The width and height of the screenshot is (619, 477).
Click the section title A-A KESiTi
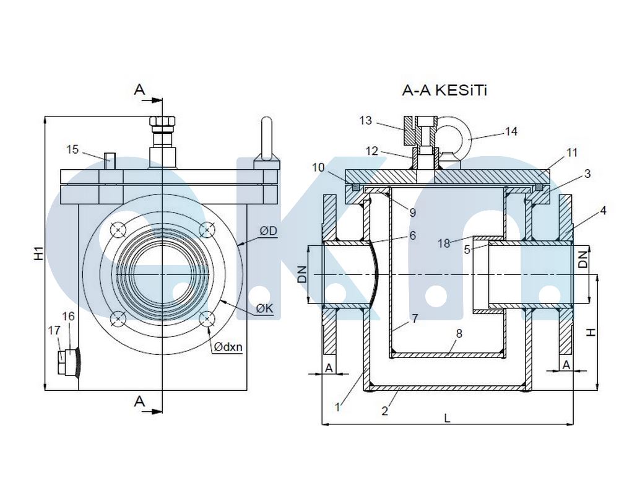pyautogui.click(x=445, y=91)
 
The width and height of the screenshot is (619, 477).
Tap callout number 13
pyautogui.click(x=366, y=120)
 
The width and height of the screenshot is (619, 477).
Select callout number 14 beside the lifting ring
pyautogui.click(x=511, y=131)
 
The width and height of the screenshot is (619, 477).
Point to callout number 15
pyautogui.click(x=72, y=149)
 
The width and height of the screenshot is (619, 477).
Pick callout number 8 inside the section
pyautogui.click(x=459, y=333)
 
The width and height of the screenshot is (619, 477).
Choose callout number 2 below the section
pyautogui.click(x=384, y=410)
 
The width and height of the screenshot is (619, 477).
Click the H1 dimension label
pyautogui.click(x=38, y=253)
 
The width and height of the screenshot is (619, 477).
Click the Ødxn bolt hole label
pyautogui.click(x=228, y=347)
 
